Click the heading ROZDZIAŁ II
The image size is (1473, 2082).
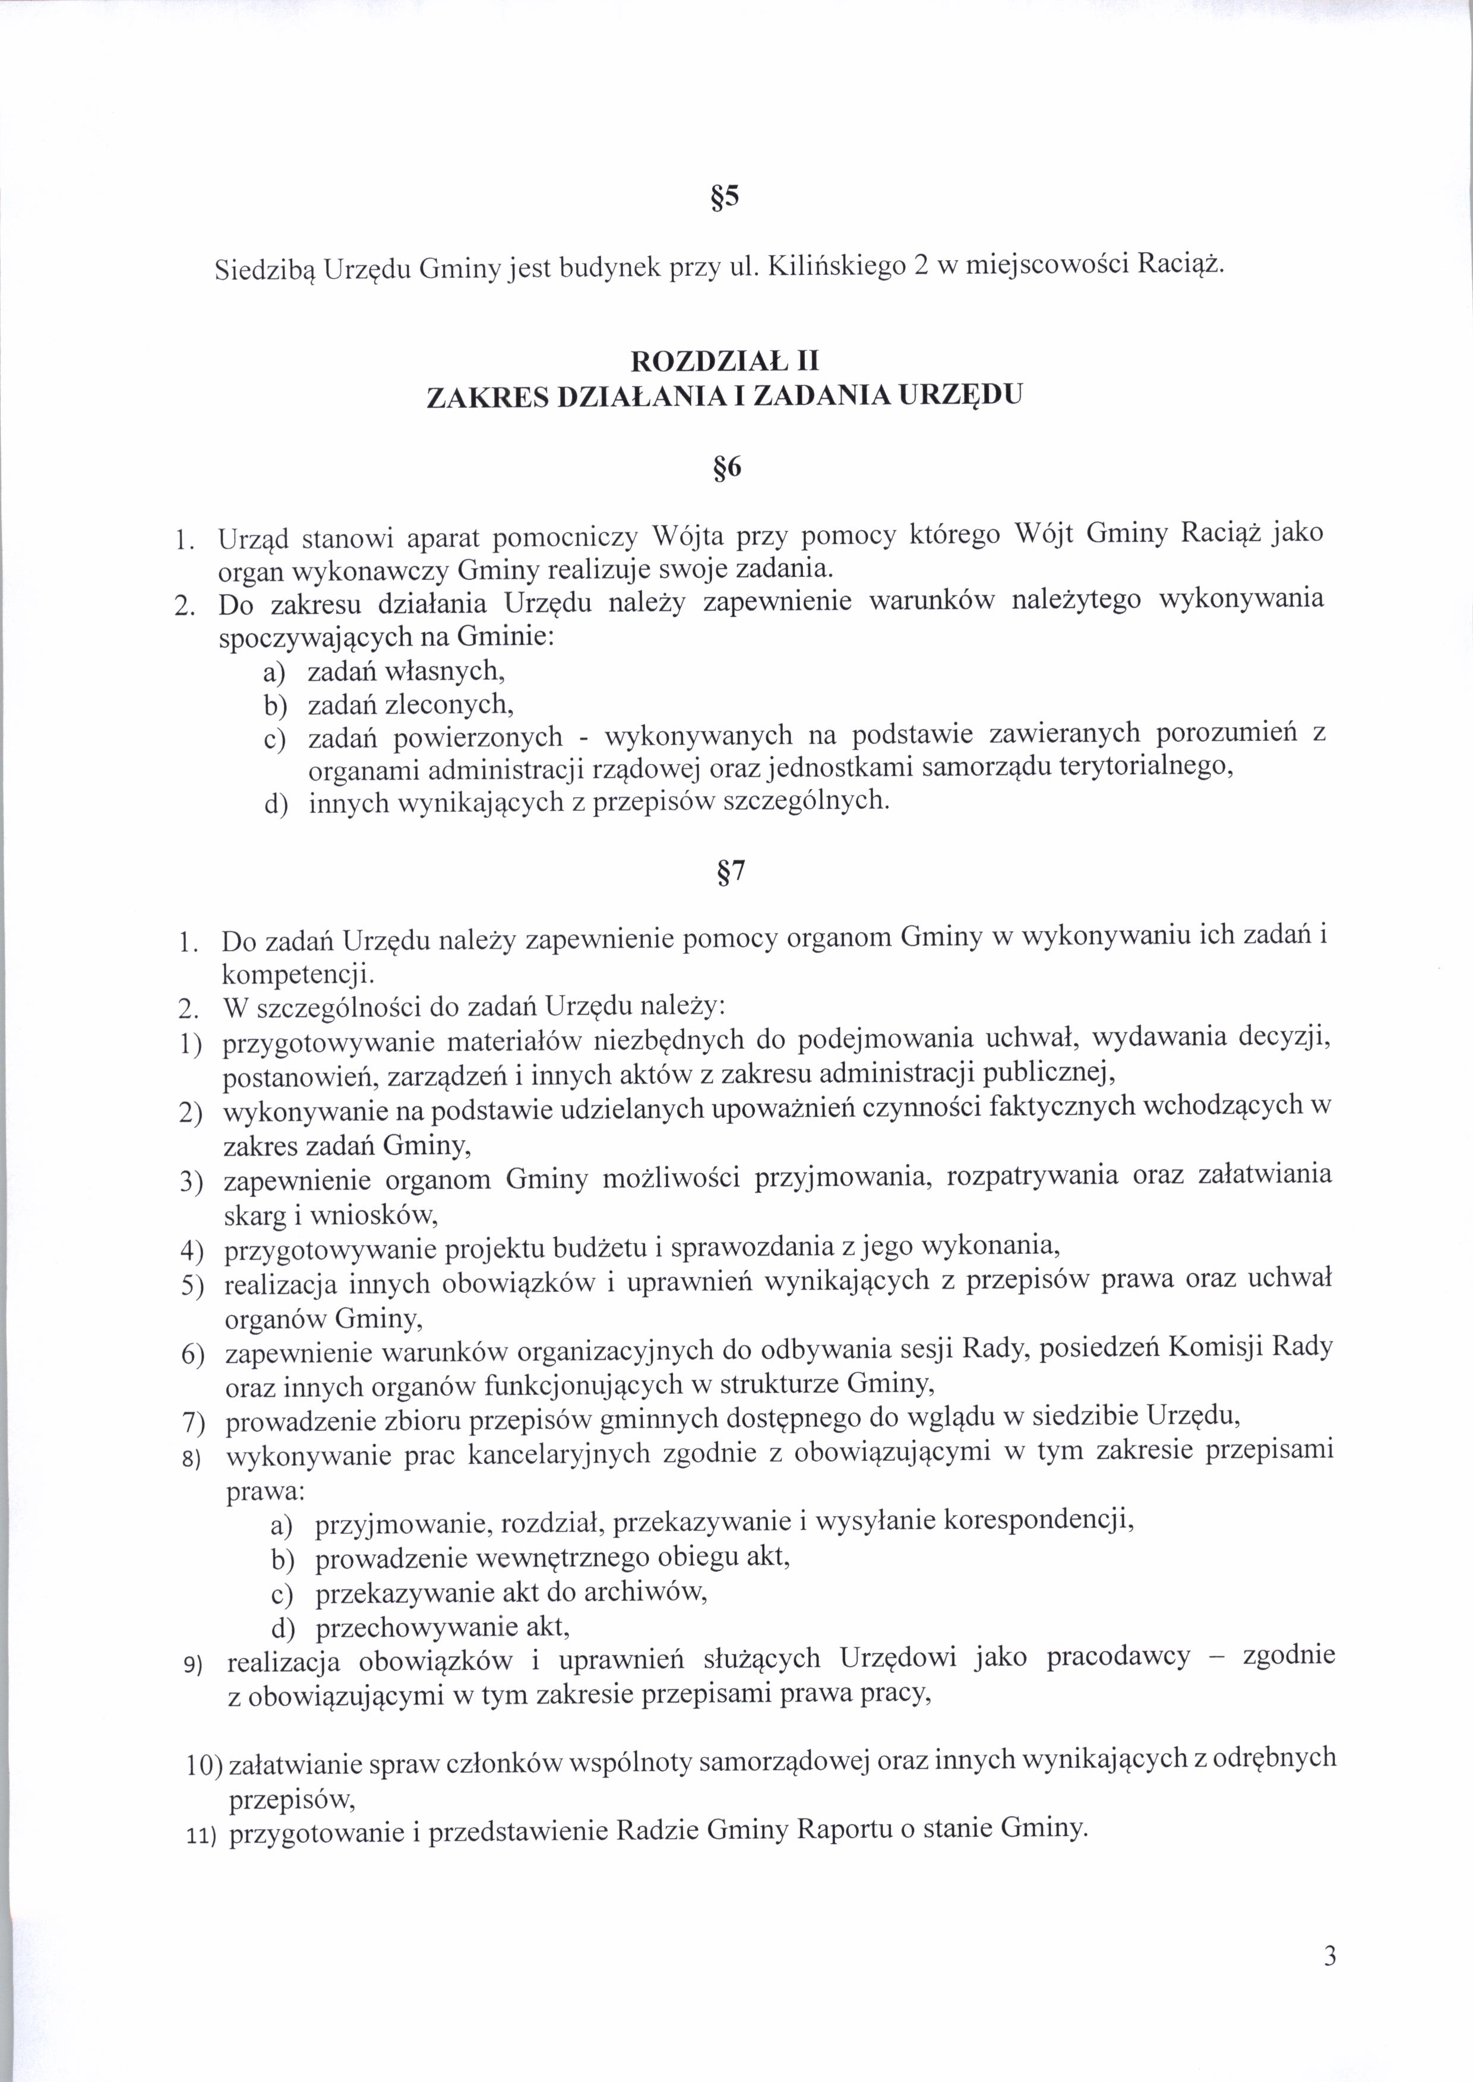pos(725,362)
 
